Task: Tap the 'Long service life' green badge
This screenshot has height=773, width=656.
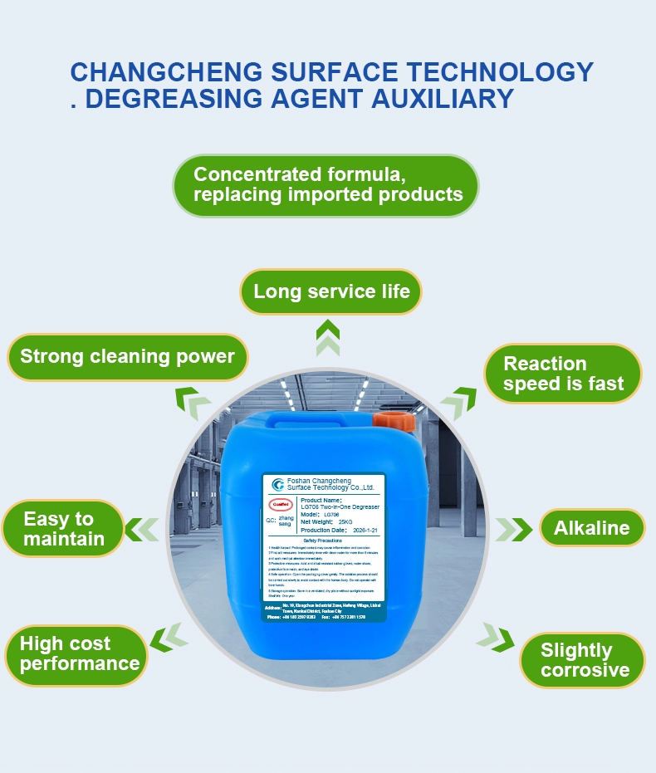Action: pos(330,292)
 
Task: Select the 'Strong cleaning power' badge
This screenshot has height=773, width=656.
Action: pos(127,357)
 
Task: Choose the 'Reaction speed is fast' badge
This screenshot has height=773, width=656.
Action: pos(562,374)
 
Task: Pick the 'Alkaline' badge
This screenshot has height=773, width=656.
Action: pos(591,528)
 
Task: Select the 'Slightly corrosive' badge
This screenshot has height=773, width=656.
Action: pos(584,660)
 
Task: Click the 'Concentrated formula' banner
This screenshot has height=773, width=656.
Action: pos(326,185)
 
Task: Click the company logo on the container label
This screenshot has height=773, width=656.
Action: pos(277,484)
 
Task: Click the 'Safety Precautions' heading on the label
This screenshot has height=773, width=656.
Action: pos(323,540)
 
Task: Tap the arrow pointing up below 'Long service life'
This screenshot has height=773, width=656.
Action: pos(328,341)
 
